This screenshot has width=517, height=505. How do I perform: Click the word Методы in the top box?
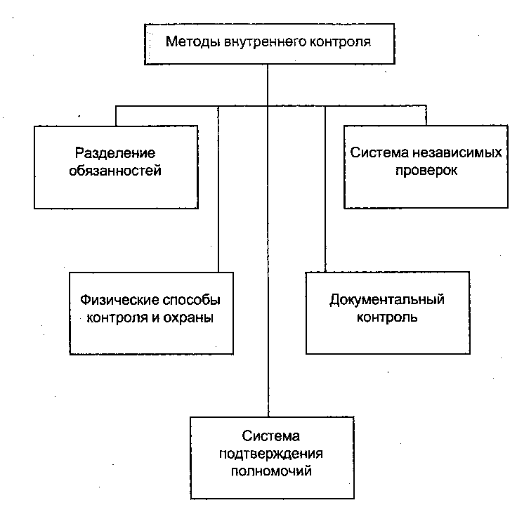coord(193,42)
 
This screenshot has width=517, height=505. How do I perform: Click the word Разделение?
coord(115,153)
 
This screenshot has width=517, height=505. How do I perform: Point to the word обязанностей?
coord(115,171)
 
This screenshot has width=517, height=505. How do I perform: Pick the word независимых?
coord(457,152)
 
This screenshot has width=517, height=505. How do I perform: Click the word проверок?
coord(426,171)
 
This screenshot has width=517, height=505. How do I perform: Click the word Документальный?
coord(387,301)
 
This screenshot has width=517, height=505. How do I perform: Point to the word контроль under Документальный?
coord(387,317)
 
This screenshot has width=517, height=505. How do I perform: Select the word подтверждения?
coord(271,454)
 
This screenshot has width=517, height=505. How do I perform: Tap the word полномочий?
coord(271,471)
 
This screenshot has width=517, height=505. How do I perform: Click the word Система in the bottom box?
coord(271,436)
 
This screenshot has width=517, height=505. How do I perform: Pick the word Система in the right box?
coord(379,152)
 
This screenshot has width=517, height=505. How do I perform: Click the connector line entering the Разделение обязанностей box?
coord(116,116)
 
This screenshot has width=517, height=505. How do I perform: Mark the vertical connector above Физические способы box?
coord(218,189)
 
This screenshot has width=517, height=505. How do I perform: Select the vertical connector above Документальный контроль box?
coord(325,189)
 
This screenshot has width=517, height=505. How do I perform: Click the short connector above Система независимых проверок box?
coord(426,116)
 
